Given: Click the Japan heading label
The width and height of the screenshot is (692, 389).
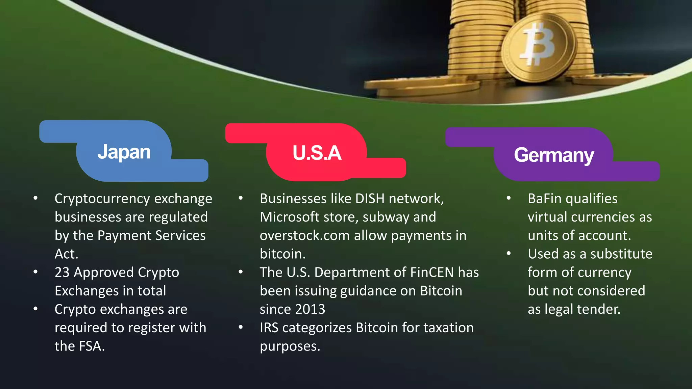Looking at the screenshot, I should [x=124, y=152].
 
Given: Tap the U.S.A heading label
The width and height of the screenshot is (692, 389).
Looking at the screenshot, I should [x=317, y=153].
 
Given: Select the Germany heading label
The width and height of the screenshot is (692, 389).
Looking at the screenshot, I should [x=554, y=155].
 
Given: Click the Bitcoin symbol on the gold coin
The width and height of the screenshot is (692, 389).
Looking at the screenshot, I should [x=539, y=44].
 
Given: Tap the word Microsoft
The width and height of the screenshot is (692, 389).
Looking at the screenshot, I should [x=289, y=217].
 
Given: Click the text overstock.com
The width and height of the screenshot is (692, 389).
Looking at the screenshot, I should [x=304, y=236].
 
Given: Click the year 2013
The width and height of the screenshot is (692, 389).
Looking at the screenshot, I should [x=310, y=309].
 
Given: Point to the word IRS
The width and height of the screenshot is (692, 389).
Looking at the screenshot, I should [x=269, y=328].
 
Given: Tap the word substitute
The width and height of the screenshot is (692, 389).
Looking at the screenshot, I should [x=621, y=254].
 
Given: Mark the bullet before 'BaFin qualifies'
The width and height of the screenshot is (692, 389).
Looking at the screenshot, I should [x=509, y=198].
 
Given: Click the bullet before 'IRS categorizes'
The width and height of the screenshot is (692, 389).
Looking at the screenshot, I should [x=241, y=327].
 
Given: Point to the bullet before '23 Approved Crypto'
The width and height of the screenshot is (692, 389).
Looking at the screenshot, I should [x=35, y=272].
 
